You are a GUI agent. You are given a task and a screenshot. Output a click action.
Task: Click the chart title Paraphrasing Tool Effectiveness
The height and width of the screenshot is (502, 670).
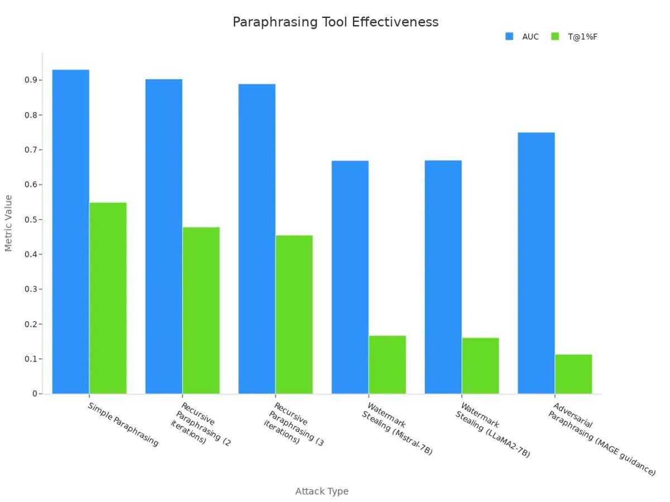[x=335, y=22]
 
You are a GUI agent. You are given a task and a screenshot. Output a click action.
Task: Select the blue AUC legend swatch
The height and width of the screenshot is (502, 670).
[x=509, y=36]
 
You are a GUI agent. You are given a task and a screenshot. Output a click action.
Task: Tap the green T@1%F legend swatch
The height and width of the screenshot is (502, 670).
[x=554, y=36]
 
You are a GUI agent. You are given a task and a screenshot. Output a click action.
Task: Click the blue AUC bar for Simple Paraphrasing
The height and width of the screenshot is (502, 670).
[x=71, y=231]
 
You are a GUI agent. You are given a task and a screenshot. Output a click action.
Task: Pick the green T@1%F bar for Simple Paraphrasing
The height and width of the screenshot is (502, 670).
[x=108, y=298]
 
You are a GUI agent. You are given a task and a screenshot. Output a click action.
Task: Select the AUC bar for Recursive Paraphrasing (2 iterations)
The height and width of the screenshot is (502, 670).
[x=164, y=236]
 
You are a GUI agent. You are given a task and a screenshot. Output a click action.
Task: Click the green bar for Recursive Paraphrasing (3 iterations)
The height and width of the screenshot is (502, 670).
[x=294, y=315]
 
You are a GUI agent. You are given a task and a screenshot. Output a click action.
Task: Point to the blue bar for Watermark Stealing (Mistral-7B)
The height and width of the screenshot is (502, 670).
[x=350, y=277]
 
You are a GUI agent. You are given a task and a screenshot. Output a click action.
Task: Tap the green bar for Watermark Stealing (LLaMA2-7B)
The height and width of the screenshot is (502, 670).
[x=480, y=365]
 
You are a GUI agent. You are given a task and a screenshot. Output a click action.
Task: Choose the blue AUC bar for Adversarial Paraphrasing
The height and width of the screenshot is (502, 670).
[x=536, y=263]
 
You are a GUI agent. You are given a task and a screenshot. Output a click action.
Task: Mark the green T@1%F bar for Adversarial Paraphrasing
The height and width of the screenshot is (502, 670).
[x=573, y=374]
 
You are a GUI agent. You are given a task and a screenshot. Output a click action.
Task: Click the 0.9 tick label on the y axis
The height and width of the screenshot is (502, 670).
[x=31, y=80]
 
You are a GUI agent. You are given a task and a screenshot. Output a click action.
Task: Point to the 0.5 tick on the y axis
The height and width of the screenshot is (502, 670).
[x=31, y=220]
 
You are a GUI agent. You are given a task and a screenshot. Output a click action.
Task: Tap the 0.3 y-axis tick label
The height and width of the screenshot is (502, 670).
[x=31, y=289]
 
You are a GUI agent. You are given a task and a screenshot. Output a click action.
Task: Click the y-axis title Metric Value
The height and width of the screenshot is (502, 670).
[x=8, y=223]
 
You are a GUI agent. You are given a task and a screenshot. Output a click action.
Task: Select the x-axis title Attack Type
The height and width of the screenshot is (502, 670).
[x=322, y=491]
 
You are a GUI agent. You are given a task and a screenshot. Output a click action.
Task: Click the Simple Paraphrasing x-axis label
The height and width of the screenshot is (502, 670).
[x=123, y=424]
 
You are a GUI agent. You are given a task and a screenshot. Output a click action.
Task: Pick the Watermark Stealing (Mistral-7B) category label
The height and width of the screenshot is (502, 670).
[x=397, y=428]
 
